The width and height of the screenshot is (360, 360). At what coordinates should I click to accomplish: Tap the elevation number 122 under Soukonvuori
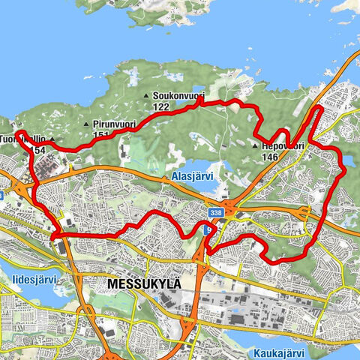[160, 107]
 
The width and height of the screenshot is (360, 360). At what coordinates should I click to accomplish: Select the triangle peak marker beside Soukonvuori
[147, 97]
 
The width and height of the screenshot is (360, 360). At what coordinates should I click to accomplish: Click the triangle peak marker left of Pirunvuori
[88, 124]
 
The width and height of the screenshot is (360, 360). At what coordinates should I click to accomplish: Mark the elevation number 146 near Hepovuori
[271, 157]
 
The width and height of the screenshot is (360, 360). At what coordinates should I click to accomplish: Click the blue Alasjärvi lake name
[189, 177]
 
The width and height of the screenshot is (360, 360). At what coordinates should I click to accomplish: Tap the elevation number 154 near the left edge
[38, 151]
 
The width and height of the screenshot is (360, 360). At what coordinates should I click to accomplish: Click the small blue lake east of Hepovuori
[348, 160]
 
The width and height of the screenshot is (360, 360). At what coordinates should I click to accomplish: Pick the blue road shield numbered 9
[208, 230]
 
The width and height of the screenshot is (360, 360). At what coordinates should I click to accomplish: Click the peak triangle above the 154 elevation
[53, 140]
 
